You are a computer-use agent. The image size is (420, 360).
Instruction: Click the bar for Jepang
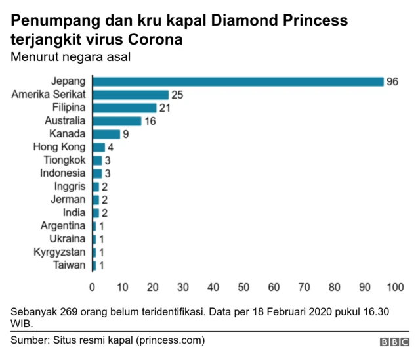click(x=238, y=81)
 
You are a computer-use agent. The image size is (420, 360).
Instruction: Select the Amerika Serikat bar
click(x=131, y=95)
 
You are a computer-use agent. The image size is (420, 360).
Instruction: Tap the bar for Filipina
click(x=125, y=108)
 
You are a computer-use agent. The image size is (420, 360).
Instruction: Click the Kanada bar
click(x=106, y=134)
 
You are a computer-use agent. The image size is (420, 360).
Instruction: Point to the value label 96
click(x=393, y=82)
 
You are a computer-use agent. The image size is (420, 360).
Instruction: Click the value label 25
click(x=177, y=95)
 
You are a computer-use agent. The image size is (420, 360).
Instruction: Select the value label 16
click(x=150, y=122)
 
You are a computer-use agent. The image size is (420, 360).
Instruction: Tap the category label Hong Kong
click(x=59, y=147)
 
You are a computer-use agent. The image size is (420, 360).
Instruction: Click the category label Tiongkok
click(x=64, y=160)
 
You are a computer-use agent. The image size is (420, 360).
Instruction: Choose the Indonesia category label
click(x=62, y=173)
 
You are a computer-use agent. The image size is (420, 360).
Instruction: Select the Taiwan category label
click(x=70, y=265)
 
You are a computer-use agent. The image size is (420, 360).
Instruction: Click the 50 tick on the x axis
click(x=243, y=287)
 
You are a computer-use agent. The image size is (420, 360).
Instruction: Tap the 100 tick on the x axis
click(x=395, y=287)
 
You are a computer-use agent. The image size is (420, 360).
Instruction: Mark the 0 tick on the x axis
click(x=93, y=287)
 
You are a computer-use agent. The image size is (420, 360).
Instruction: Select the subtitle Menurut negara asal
click(x=71, y=57)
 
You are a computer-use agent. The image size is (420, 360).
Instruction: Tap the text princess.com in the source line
click(x=170, y=340)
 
